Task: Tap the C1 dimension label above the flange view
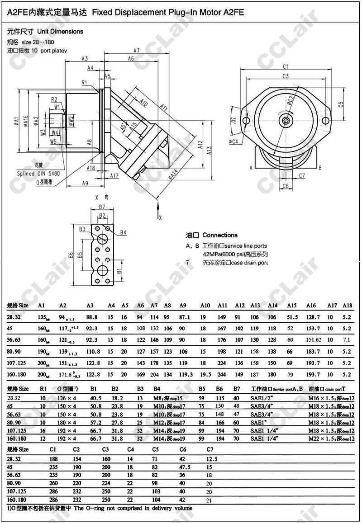pos(286,66)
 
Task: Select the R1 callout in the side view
pos(85,83)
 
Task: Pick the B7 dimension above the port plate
pos(102,207)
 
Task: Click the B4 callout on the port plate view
pos(123,233)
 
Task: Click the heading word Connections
pos(220,235)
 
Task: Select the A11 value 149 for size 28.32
pos(222,317)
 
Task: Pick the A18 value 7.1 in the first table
pos(347,339)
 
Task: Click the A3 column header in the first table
pos(90,305)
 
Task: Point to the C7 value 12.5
pos(212,458)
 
